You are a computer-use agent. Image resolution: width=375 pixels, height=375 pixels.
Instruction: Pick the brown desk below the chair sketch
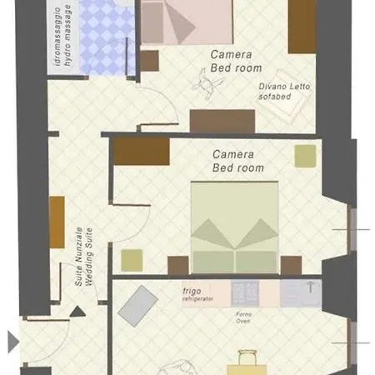222,121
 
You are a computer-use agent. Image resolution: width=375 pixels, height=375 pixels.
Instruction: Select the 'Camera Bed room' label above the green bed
237,161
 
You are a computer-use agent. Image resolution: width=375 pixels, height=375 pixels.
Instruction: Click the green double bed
234,226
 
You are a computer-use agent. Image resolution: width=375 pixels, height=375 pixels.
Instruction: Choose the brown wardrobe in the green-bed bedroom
142,152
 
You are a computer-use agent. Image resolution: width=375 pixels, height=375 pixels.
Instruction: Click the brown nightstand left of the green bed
178,266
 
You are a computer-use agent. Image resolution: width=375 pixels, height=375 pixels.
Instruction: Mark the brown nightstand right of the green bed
291,266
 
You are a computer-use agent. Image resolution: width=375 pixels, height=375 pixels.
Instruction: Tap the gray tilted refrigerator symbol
137,305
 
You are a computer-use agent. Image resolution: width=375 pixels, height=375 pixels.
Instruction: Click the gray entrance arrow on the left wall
12,340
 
